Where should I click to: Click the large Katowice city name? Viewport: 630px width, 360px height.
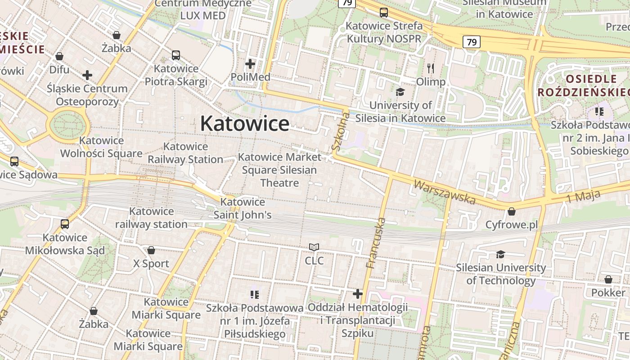[245, 123]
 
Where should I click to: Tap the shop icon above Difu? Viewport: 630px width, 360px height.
[59, 57]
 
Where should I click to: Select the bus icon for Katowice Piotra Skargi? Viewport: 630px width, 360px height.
[176, 55]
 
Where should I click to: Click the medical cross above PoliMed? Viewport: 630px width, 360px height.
[250, 64]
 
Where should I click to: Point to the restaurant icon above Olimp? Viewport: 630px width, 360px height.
[431, 68]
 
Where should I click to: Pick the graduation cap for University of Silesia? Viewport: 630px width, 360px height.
[400, 92]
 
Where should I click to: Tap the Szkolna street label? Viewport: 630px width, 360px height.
[340, 131]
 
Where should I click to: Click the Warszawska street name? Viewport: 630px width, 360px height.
[444, 192]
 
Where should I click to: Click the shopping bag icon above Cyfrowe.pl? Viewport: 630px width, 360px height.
[512, 211]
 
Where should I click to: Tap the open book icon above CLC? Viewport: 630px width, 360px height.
[314, 247]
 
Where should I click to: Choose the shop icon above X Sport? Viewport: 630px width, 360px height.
[151, 250]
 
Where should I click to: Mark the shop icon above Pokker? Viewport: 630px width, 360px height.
[608, 279]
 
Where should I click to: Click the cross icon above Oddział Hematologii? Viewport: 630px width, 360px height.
[358, 294]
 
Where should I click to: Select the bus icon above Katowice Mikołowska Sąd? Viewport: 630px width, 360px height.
[65, 224]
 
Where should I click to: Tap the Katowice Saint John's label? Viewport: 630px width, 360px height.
[243, 208]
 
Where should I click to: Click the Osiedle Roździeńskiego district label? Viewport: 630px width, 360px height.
[584, 85]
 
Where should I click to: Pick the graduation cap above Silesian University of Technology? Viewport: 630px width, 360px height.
[500, 255]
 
